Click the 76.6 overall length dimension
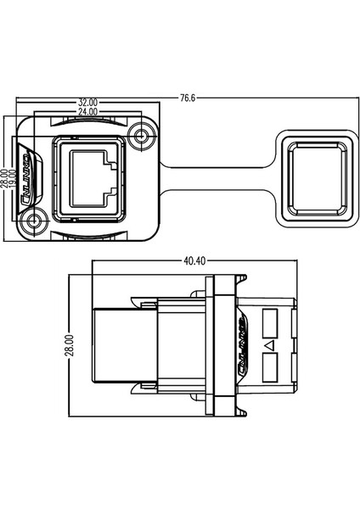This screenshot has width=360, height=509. pos(188,98)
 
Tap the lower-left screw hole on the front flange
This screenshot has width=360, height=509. pos(35,222)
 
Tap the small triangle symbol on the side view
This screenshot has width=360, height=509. pos(269,346)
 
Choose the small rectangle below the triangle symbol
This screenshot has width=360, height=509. pos(271,368)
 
